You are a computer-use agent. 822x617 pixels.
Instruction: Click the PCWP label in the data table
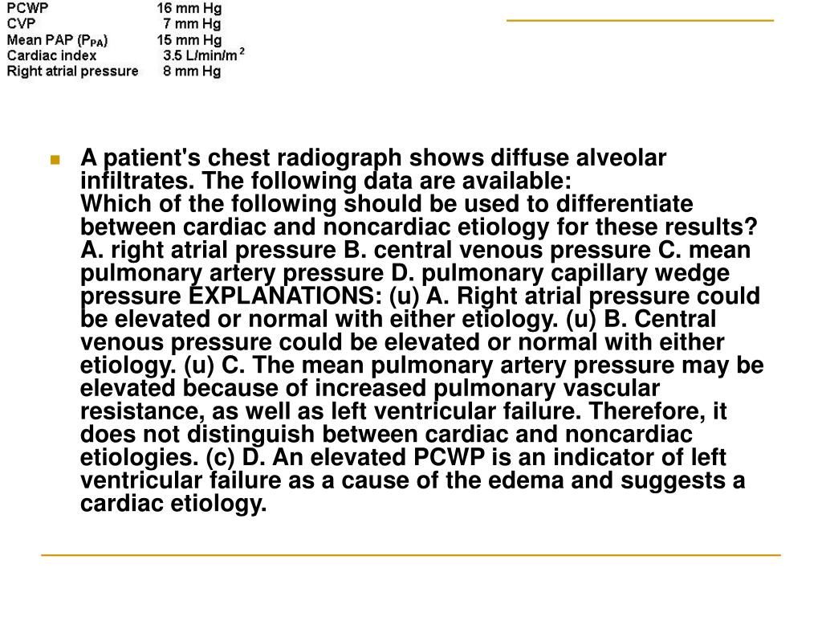pos(27,9)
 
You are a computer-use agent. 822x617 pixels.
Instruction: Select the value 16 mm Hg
pos(189,9)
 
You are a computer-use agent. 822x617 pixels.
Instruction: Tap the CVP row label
pos(20,24)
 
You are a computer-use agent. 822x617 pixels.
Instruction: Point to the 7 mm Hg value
pos(192,24)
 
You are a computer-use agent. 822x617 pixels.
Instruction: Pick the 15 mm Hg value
pos(189,40)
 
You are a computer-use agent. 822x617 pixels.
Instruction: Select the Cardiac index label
pos(51,55)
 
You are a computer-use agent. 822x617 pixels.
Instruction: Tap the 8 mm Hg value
pos(192,71)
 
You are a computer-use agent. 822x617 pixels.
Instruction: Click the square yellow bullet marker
pos(55,159)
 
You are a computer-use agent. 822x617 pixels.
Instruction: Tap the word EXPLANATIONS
pos(299,296)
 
